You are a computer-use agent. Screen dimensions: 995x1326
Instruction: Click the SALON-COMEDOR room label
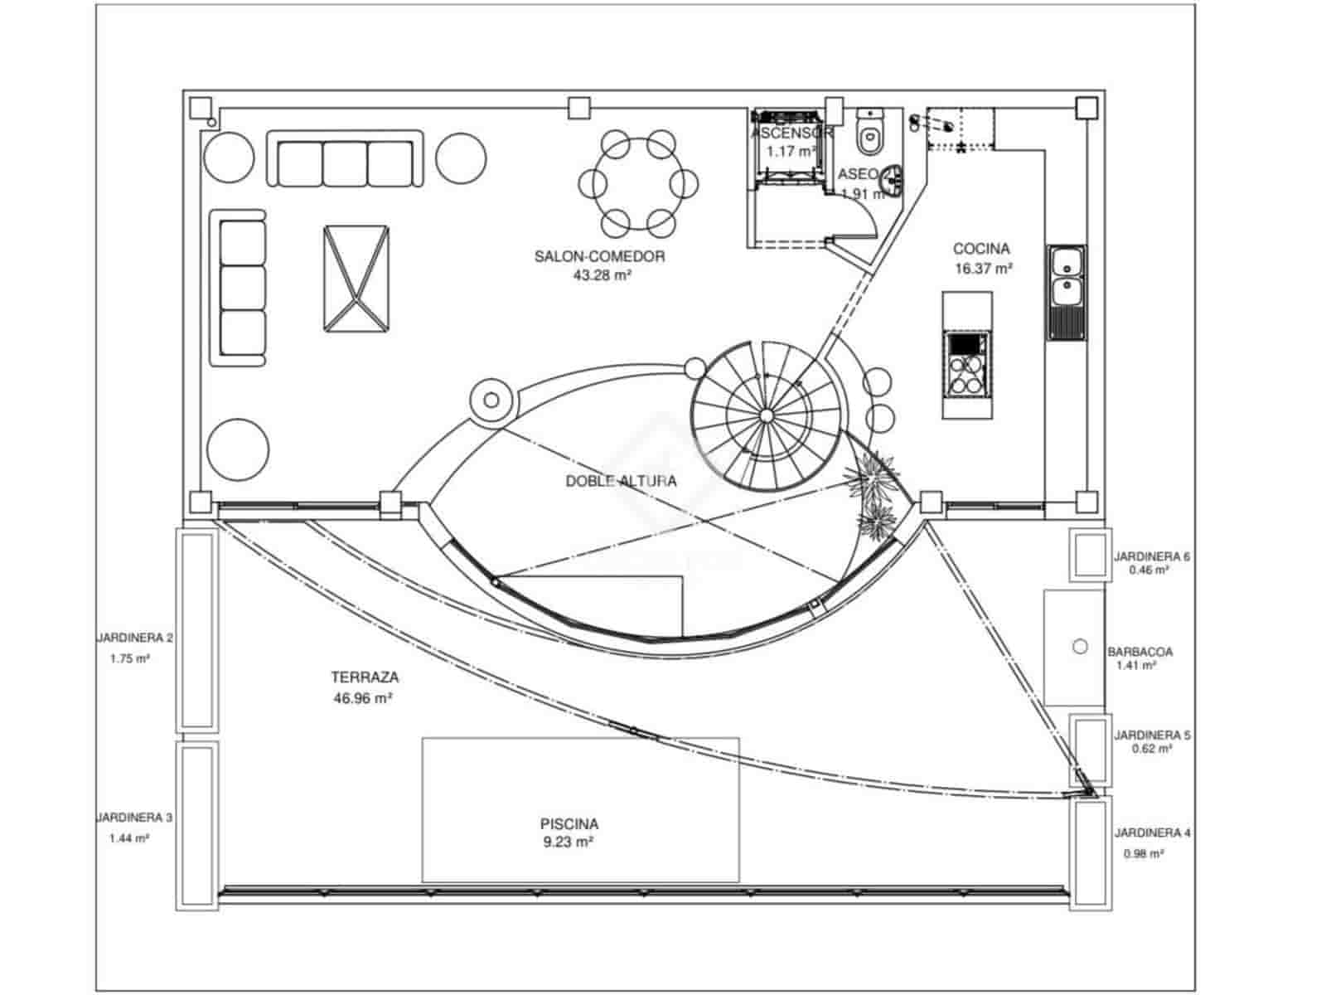coord(599,256)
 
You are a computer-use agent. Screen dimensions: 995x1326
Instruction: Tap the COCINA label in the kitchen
coord(981,248)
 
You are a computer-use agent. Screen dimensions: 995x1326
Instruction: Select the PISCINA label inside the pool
coord(569,824)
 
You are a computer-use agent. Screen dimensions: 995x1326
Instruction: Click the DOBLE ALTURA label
coord(621,481)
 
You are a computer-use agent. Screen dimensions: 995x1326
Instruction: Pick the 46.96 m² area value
coord(362,698)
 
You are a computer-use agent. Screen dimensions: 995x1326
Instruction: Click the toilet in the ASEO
coord(869,135)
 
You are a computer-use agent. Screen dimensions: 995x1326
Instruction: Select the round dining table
coord(637,182)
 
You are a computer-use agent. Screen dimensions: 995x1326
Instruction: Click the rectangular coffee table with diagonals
coord(355,279)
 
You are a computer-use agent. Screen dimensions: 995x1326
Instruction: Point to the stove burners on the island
coord(965,374)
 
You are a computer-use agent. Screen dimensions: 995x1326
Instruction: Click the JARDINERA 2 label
coord(135,638)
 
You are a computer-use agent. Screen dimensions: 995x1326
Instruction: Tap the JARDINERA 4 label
coord(1152,832)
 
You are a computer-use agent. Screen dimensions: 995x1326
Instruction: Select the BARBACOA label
coord(1140,653)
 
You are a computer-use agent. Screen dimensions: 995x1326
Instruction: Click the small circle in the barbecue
coord(1080,646)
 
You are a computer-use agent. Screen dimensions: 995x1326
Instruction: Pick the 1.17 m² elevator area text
coord(791,152)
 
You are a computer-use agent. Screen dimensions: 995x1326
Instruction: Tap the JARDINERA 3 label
coord(135,818)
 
